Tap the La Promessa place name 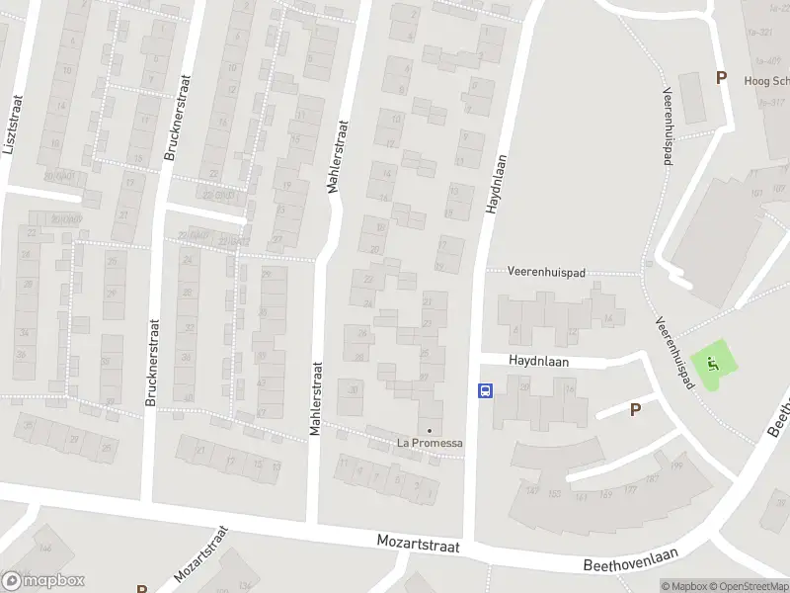[430, 442]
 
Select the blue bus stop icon [485, 390]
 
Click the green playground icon [714, 366]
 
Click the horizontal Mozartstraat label [421, 544]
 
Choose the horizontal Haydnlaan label [541, 361]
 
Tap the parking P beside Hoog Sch [721, 77]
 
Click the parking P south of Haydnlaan [635, 409]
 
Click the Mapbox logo [43, 581]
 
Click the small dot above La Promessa [429, 430]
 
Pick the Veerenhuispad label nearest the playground [672, 351]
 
